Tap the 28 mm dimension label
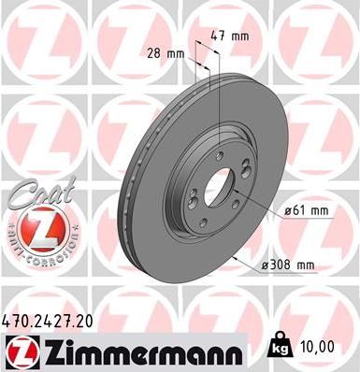(166, 53)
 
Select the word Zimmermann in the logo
(138, 351)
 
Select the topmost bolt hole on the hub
(218, 156)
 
